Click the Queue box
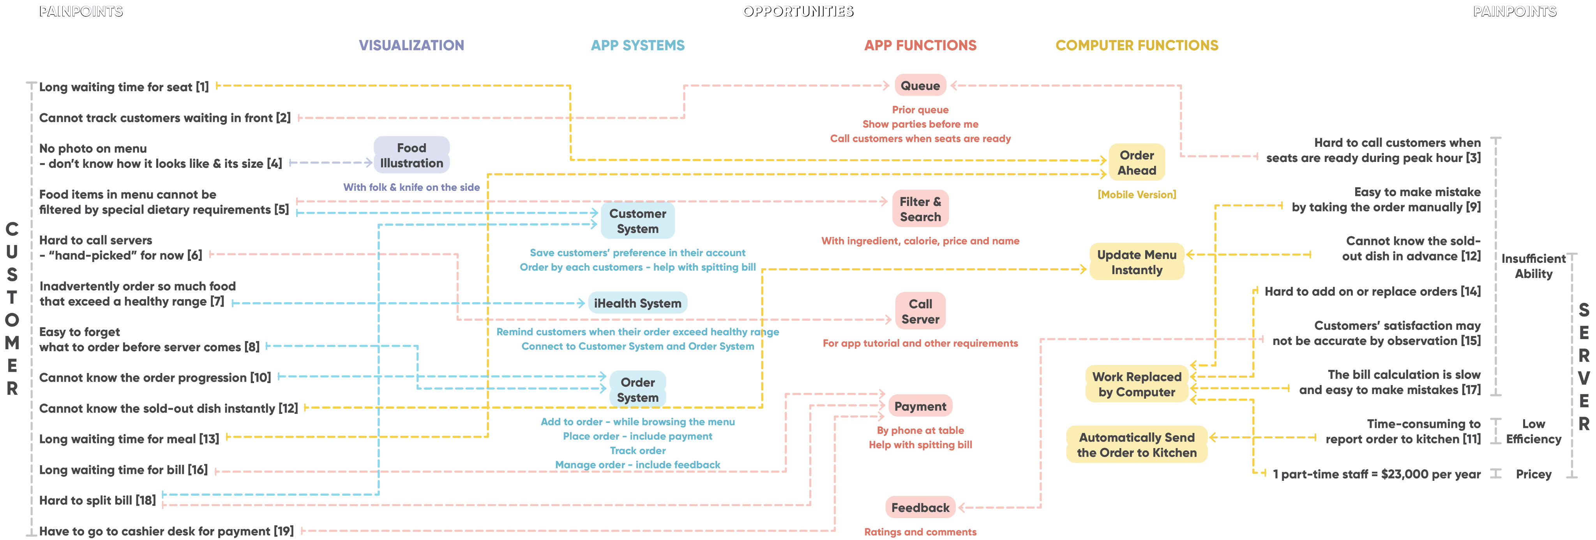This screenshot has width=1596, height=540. [x=920, y=86]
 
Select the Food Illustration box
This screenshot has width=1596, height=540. [x=411, y=155]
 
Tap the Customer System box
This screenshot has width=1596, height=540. [x=637, y=220]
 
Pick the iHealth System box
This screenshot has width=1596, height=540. [x=637, y=303]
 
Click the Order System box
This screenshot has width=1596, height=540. [x=637, y=389]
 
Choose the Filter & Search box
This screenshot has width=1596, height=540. [x=920, y=209]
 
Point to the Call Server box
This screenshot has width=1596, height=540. [x=920, y=311]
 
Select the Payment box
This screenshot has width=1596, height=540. [x=920, y=406]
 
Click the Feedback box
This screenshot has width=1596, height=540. [x=920, y=507]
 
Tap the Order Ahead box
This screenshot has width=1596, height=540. [x=1137, y=162]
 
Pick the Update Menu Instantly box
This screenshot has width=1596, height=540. [x=1137, y=262]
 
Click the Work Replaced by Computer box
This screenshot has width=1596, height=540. [x=1137, y=384]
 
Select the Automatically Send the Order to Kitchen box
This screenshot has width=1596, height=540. [x=1137, y=445]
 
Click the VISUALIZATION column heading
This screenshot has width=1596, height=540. [x=411, y=45]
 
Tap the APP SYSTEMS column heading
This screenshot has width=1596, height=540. [x=637, y=45]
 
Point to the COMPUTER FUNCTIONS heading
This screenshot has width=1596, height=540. [x=1137, y=45]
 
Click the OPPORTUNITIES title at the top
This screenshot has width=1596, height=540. [x=798, y=11]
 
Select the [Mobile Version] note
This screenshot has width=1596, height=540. [x=1137, y=194]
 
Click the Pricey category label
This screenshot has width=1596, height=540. [x=1533, y=474]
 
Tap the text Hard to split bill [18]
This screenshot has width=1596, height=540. [x=97, y=500]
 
